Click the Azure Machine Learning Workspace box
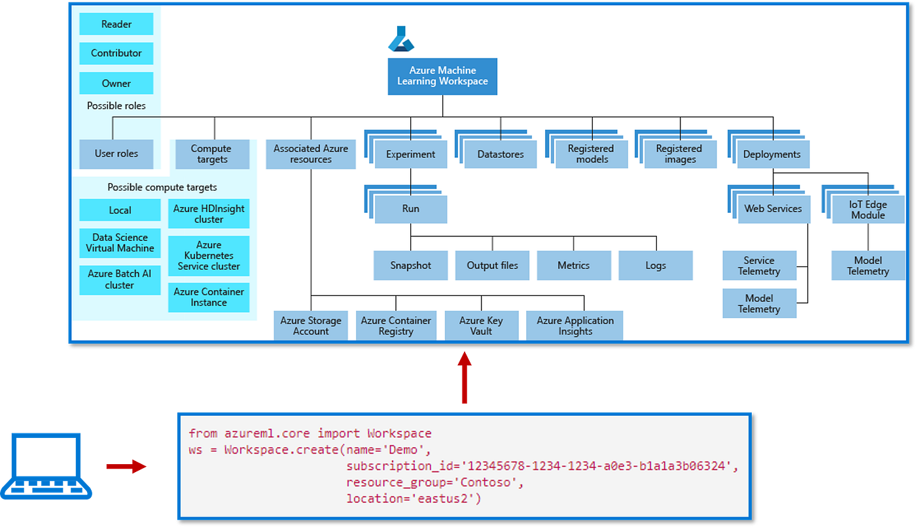[442, 77]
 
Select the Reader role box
[116, 24]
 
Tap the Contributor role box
[116, 53]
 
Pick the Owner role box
[116, 83]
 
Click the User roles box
[116, 154]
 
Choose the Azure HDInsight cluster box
[209, 213]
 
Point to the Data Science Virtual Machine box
[120, 243]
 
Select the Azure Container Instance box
[209, 297]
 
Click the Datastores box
[501, 154]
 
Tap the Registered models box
[591, 154]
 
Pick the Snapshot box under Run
[411, 266]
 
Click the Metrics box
[574, 266]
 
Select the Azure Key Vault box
[482, 325]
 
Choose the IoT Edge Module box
[868, 209]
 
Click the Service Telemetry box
[760, 266]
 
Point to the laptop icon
[46, 466]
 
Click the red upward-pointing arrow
[465, 378]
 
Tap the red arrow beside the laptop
[126, 466]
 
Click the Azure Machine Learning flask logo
[401, 39]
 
